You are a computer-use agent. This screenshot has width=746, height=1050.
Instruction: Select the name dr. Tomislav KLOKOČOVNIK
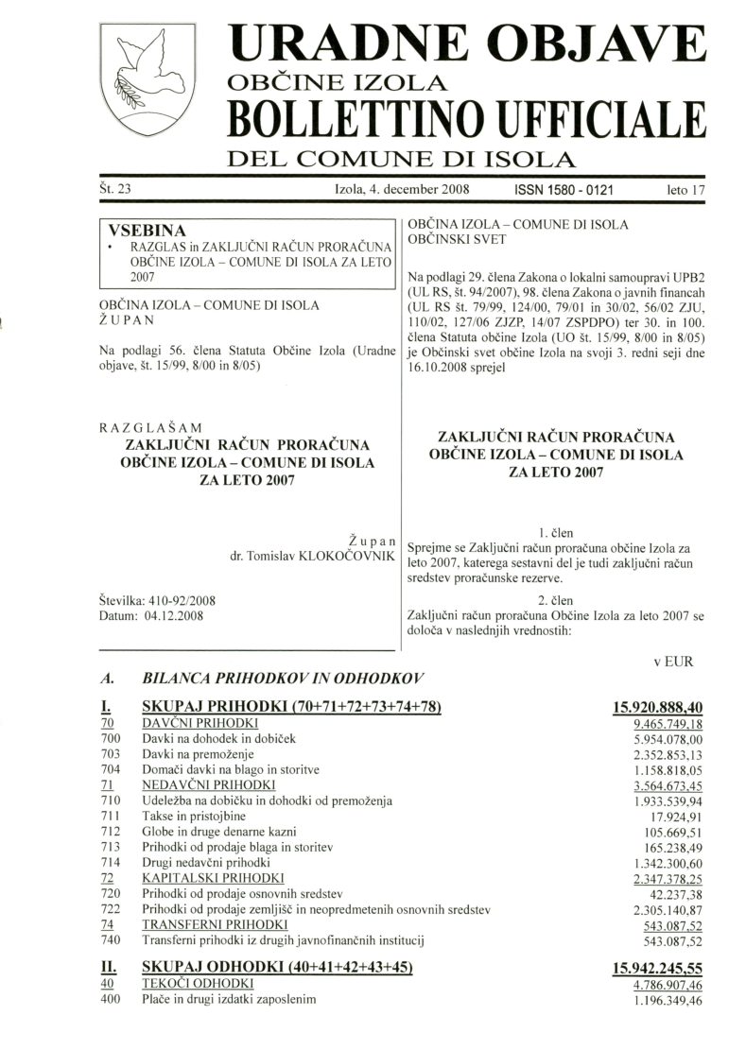coord(311,557)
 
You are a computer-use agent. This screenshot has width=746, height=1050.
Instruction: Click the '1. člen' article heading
coord(555,532)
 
